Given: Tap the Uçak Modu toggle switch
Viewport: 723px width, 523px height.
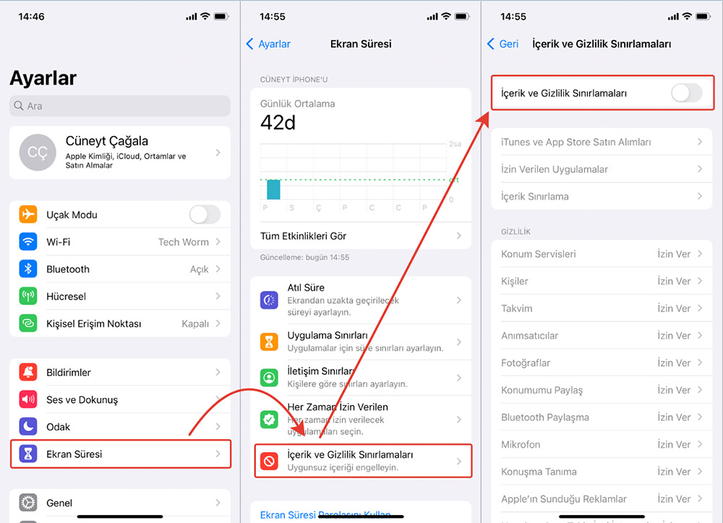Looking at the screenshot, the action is tap(205, 214).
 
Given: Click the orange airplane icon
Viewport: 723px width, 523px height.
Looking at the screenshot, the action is tap(28, 214).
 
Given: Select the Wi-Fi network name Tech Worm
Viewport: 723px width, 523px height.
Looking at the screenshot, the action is tap(183, 242).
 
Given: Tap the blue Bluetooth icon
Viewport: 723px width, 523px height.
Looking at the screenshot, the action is tap(28, 269).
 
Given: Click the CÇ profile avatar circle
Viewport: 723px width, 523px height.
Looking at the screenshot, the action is tap(38, 152).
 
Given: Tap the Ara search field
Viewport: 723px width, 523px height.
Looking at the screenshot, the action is tap(119, 106).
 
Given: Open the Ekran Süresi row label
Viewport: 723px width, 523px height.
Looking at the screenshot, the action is tap(74, 454).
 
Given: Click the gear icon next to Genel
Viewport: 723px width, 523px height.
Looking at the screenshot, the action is tap(28, 502).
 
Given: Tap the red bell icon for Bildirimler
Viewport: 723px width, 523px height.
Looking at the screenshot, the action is tap(28, 372).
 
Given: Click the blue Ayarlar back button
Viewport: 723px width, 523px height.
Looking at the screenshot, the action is tap(268, 44).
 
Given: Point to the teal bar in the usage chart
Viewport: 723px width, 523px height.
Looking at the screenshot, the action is tap(273, 190).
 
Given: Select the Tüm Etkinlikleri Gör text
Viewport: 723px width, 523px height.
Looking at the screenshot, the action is tap(303, 236).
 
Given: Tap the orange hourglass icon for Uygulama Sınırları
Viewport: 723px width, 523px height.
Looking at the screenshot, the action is tap(269, 341).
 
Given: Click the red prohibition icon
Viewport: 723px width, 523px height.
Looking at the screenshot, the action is tap(269, 461).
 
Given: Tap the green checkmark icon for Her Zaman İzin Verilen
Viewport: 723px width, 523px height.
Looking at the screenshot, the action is tap(269, 420).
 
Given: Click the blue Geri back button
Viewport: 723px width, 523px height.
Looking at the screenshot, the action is tap(502, 44).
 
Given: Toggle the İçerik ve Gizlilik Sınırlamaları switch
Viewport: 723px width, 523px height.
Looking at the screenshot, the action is tap(687, 93).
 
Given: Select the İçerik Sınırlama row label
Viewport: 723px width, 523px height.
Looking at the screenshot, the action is tap(535, 196).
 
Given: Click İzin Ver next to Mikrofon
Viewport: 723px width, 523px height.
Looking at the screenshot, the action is tap(674, 444).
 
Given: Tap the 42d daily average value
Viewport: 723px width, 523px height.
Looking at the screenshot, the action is tap(278, 123).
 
